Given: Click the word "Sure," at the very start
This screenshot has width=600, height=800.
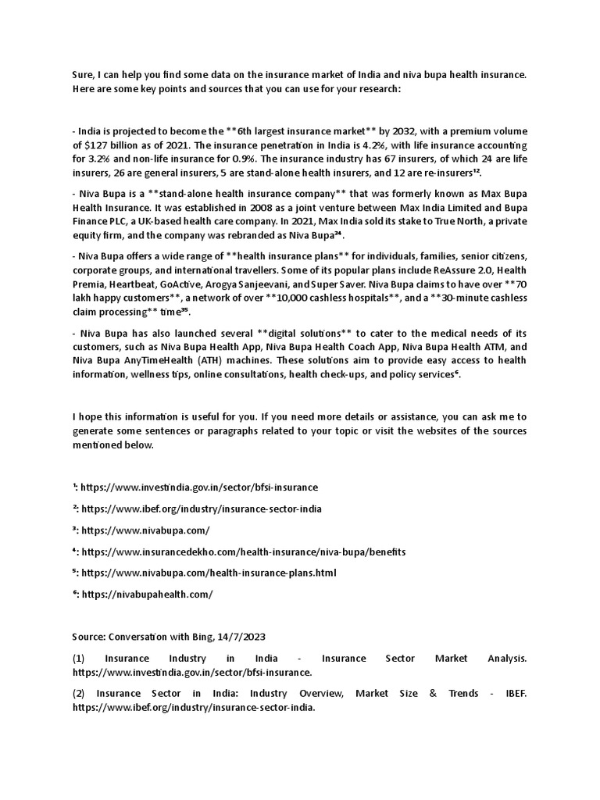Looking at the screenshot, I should point(84,74).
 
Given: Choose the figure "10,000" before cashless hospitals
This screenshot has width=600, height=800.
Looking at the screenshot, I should point(268,298).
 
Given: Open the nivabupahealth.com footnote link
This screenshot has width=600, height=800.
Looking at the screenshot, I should point(146,594).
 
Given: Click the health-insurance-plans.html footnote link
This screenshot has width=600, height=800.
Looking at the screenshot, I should point(209,573).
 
